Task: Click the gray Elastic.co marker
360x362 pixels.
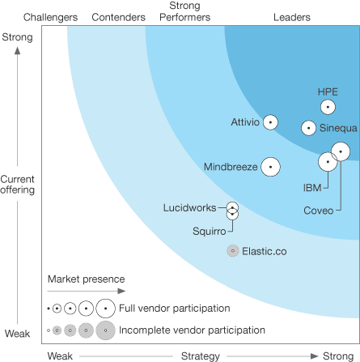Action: click(x=233, y=251)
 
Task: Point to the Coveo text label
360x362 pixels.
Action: click(x=319, y=211)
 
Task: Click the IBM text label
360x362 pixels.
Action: click(x=312, y=188)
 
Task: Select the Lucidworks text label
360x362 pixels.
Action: click(x=190, y=207)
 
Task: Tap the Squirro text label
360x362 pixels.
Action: click(x=210, y=232)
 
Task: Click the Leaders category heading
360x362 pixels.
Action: click(x=292, y=17)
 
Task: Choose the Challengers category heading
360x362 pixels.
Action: click(x=50, y=17)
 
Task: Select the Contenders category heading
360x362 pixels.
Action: click(x=118, y=17)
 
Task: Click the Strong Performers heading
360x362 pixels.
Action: click(x=184, y=11)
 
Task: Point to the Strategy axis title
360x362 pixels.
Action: click(x=201, y=356)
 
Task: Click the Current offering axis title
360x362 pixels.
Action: click(x=18, y=185)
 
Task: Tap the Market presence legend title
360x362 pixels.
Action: click(x=87, y=279)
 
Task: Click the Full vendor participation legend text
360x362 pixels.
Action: click(x=175, y=308)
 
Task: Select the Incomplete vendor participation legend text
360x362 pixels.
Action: click(x=192, y=330)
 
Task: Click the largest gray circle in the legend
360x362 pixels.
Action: click(x=105, y=330)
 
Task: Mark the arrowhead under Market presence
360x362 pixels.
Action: click(x=121, y=291)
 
